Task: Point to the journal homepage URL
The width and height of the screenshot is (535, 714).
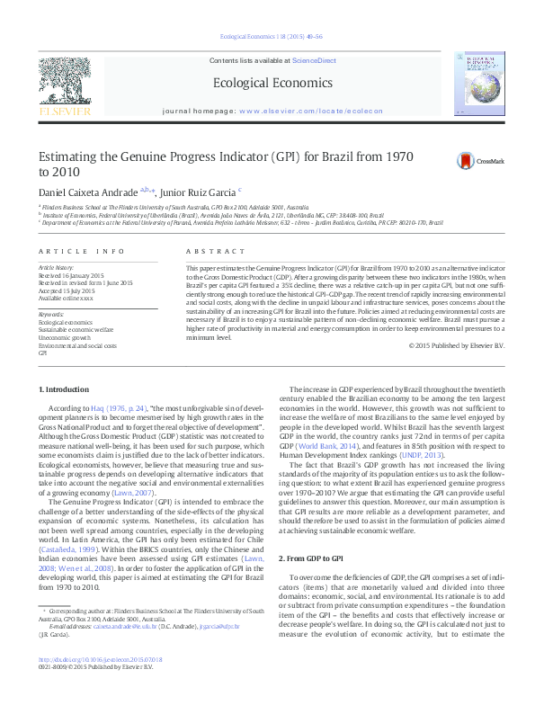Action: coord(311,111)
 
